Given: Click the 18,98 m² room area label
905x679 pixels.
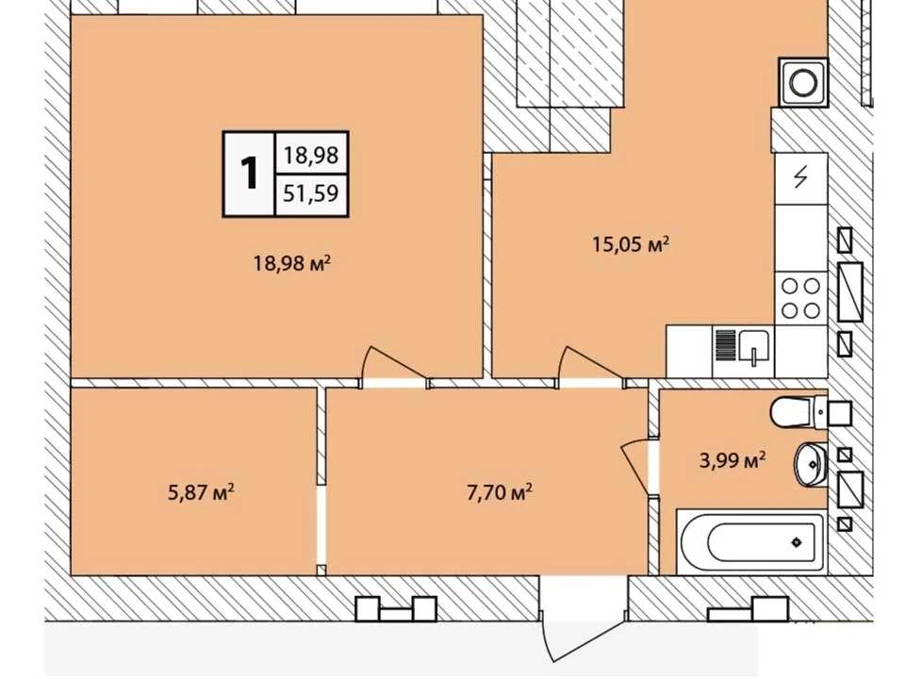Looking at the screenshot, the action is [292, 263].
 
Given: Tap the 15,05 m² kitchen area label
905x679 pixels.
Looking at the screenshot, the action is [631, 243].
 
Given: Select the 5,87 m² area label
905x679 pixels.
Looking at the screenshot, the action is [201, 492].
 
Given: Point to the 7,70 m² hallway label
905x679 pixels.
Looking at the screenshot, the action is [499, 492].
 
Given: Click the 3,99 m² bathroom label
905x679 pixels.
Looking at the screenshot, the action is [732, 460].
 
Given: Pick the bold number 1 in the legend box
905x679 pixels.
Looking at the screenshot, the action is [249, 174].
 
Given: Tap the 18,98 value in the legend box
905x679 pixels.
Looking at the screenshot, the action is [310, 155].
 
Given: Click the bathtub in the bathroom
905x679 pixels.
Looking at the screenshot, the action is [752, 541].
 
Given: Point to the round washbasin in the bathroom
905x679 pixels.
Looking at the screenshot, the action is [811, 464].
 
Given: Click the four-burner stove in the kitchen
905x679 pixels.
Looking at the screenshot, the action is [801, 299].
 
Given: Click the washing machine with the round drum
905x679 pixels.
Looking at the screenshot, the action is [803, 83].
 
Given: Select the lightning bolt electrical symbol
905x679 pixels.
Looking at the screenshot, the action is [800, 177].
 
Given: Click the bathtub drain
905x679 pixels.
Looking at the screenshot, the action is [797, 542].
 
